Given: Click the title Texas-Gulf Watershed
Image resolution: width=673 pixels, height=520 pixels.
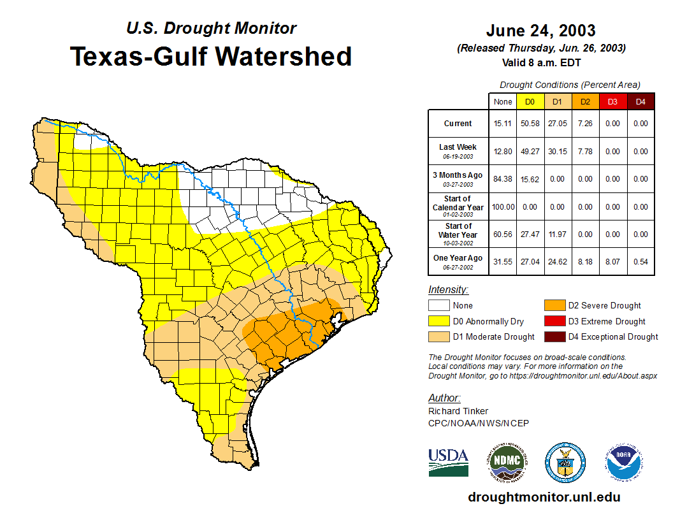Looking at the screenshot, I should click(210, 56).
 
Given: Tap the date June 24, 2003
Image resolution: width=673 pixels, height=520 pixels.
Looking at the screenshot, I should click(540, 31).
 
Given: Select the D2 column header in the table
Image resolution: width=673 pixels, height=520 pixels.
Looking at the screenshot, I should click(585, 102).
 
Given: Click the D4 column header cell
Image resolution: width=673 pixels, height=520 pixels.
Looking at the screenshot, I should click(640, 102).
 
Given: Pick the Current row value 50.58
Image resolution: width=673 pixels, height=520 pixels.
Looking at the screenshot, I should click(530, 124).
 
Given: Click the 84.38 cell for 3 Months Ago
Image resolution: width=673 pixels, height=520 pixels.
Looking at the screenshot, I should click(503, 179).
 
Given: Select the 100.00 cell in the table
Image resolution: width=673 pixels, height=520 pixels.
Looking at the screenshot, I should click(503, 207).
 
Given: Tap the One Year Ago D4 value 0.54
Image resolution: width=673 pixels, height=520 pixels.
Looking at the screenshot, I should click(640, 262).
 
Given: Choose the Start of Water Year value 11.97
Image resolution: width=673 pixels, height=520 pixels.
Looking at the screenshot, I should click(557, 235).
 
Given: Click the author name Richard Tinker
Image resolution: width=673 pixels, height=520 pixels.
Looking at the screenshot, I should click(458, 411).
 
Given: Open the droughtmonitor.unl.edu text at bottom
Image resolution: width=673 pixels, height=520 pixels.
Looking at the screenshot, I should click(544, 497).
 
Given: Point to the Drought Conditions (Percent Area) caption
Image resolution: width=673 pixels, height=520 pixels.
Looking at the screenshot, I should click(570, 85).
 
